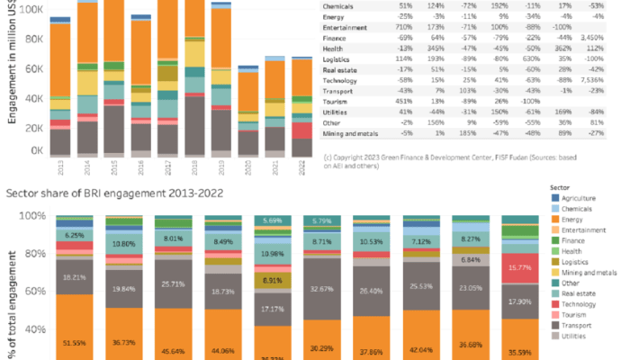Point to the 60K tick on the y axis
click(x=34, y=69)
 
